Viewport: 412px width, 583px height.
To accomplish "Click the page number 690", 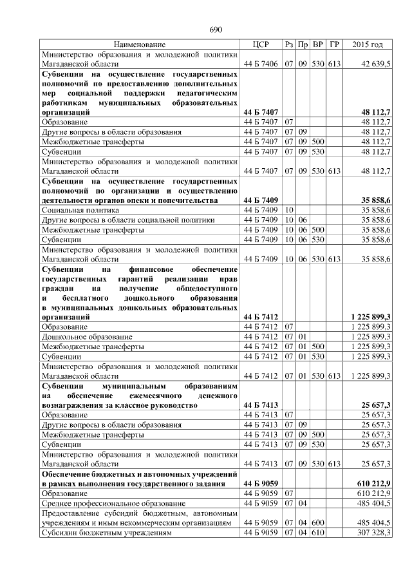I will click(215, 30).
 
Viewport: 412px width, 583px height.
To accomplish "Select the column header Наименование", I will click(139, 44).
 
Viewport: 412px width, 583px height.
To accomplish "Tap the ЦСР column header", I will click(261, 44).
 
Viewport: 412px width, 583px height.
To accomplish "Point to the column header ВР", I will click(318, 44).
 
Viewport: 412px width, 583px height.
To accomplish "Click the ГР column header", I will click(333, 44).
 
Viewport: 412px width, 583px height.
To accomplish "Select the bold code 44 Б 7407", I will click(261, 111).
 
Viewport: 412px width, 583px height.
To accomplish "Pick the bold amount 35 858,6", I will click(375, 200).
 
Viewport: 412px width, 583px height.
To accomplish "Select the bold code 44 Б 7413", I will click(261, 405).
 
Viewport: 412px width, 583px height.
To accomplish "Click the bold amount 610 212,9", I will click(373, 483).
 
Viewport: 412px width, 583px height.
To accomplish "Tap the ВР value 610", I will click(318, 533).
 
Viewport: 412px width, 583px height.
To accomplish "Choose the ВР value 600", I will click(318, 523).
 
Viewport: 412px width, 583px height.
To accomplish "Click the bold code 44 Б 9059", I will click(261, 483).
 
